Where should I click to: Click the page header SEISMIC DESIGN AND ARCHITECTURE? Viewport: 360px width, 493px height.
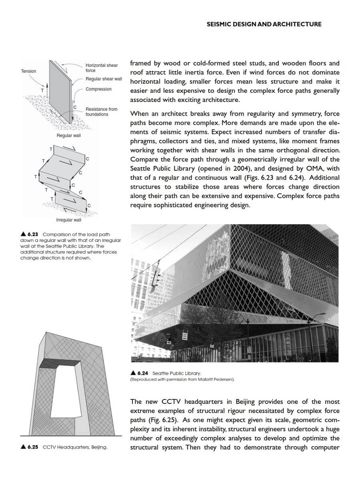point(264,24)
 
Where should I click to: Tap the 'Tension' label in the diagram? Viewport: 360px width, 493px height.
point(28,71)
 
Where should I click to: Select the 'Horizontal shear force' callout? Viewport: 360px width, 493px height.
point(102,68)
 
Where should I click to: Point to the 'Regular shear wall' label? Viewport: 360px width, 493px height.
point(104,79)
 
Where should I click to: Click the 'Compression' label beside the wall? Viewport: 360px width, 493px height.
point(98,89)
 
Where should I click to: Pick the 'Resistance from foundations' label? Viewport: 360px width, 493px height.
point(101,112)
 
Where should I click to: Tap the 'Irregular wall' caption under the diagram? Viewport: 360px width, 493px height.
point(68,220)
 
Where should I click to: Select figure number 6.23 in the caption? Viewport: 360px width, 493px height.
point(32,234)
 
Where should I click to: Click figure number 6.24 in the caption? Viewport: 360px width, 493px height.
point(142,373)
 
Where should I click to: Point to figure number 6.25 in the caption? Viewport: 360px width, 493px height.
point(33,447)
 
